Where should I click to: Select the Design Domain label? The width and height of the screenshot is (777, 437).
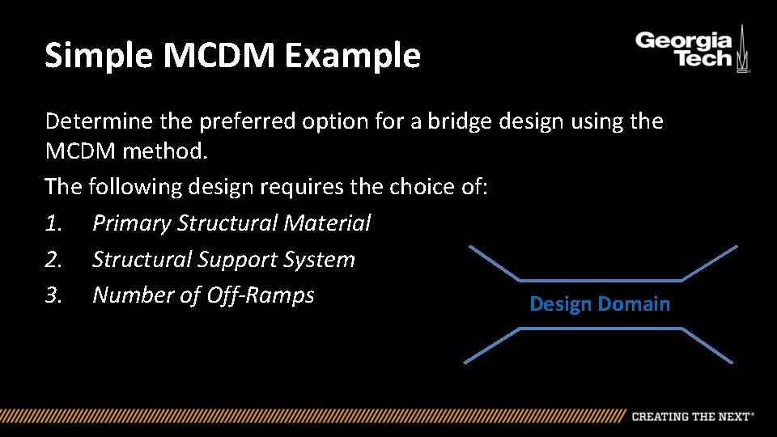click(x=600, y=304)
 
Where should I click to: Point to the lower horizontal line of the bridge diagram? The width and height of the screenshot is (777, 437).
click(x=600, y=329)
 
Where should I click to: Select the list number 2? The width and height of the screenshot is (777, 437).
click(x=53, y=260)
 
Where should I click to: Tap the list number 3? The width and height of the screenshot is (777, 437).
click(x=53, y=295)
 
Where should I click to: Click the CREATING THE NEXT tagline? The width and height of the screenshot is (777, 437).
click(x=692, y=416)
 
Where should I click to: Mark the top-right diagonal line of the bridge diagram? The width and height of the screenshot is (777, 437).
click(x=709, y=263)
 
